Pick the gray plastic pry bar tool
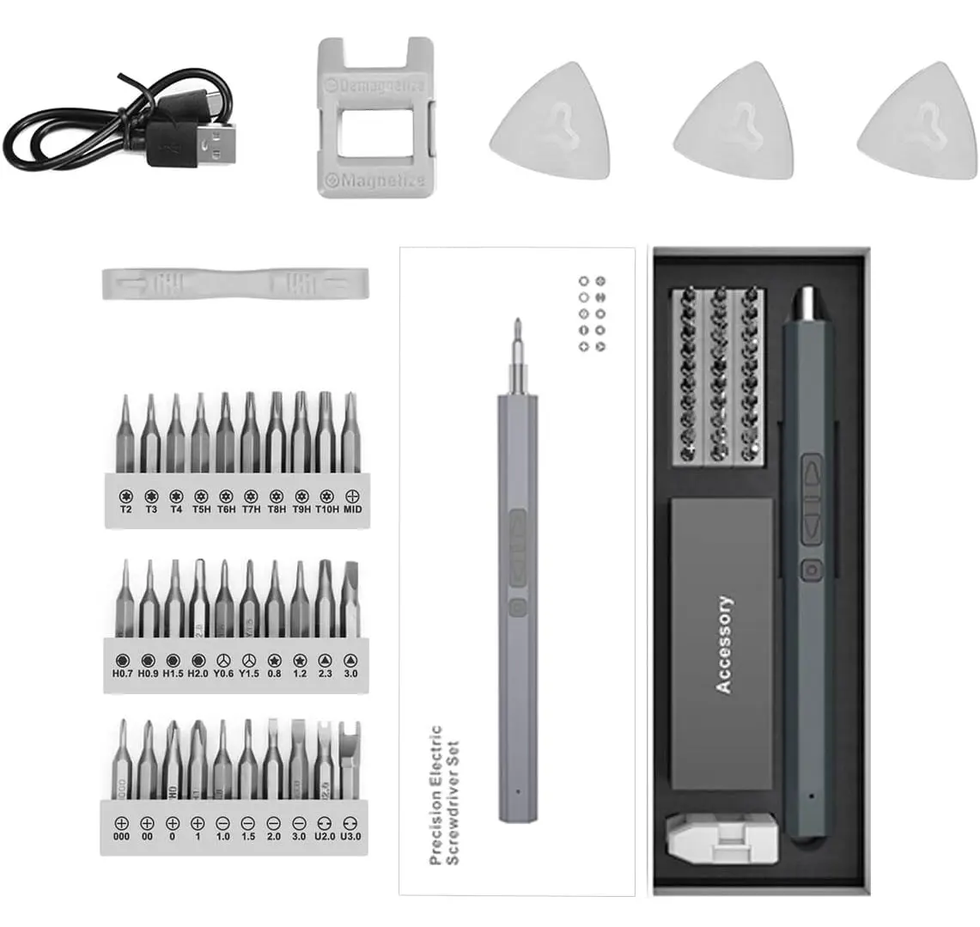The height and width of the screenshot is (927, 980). (x=236, y=282)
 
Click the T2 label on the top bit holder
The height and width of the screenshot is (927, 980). (x=125, y=509)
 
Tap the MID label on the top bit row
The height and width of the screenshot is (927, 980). (x=352, y=509)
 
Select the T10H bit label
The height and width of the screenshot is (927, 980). (x=326, y=509)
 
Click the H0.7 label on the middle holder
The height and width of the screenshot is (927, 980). (x=123, y=674)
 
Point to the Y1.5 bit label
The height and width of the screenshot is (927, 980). (x=249, y=674)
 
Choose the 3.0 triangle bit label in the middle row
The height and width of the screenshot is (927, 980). (x=351, y=674)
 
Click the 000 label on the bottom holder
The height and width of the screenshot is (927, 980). (x=121, y=835)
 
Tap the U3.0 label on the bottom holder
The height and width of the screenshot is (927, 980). (x=350, y=835)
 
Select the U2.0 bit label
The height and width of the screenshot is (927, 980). (x=325, y=835)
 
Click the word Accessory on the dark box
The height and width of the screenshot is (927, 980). (x=724, y=644)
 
